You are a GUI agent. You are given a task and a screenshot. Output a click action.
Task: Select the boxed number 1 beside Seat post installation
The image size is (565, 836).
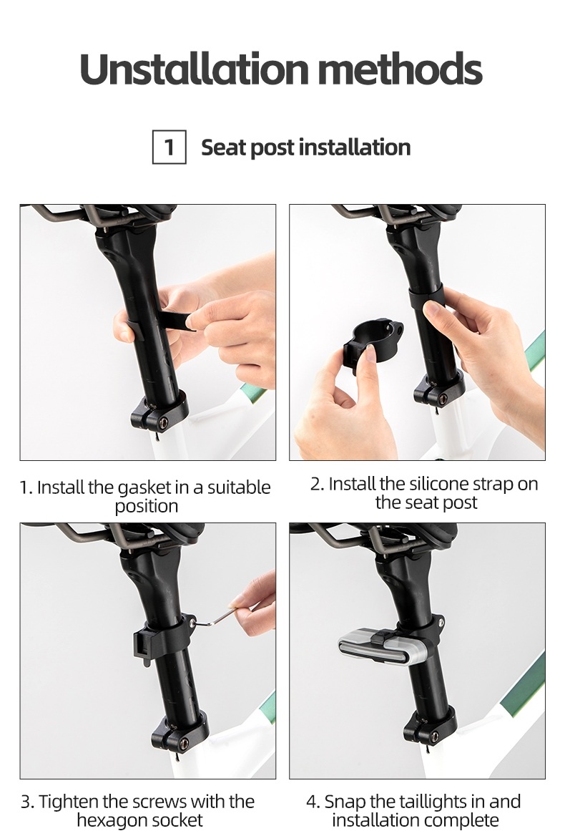(169, 147)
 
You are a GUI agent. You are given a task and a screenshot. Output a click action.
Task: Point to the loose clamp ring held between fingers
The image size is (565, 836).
(373, 346)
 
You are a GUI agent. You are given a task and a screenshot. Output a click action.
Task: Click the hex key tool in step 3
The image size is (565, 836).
(216, 618)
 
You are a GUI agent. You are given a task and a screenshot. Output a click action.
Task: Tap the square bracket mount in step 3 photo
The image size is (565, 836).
(142, 645)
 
